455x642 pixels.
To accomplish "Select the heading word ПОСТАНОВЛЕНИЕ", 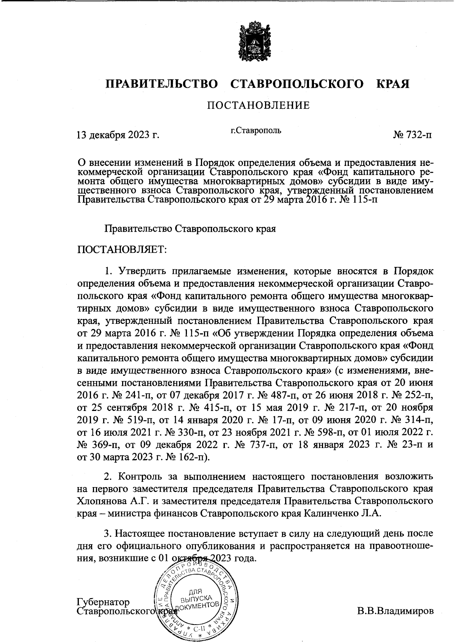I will click(x=258, y=105).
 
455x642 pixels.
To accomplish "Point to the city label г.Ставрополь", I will click(x=256, y=131).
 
